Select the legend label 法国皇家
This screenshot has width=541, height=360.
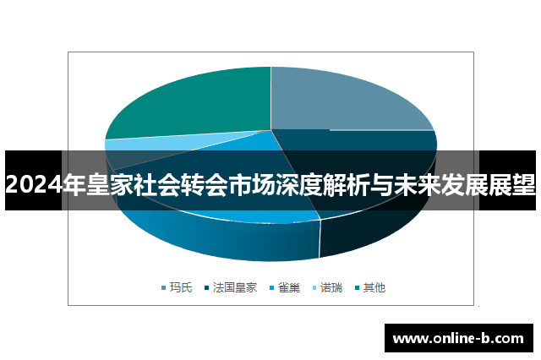[235, 288]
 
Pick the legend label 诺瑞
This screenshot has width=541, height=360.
[331, 288]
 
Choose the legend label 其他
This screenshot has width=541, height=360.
[374, 288]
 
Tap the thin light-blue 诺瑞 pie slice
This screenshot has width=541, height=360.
[118, 145]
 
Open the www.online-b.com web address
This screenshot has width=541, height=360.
[458, 339]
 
